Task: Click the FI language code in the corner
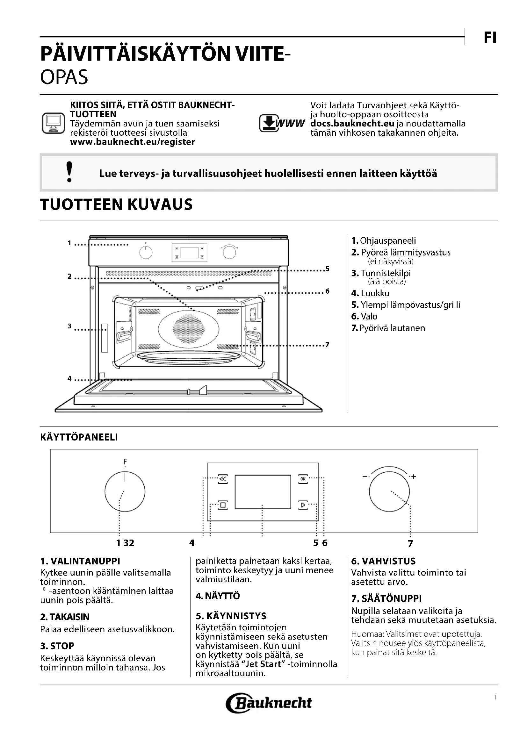[490, 38]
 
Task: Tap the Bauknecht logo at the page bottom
[269, 703]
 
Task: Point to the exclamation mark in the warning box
[69, 172]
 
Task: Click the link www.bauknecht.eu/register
[133, 142]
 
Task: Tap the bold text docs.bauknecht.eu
[352, 124]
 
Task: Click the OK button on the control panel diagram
[303, 479]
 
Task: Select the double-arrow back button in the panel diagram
[223, 479]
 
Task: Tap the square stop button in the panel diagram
[223, 505]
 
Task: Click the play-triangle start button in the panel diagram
[303, 505]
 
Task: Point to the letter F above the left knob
[125, 462]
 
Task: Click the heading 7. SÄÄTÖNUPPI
[386, 598]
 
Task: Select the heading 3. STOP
[57, 646]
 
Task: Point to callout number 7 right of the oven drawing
[327, 344]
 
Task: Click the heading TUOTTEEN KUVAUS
[116, 204]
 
